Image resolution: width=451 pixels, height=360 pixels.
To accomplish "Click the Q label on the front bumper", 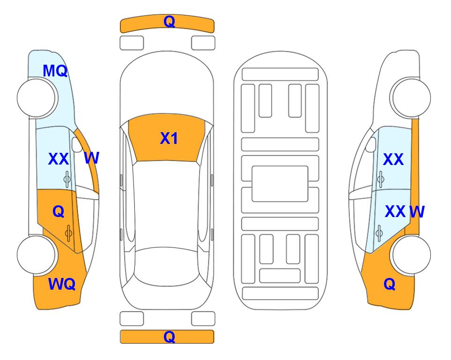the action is point(169,21).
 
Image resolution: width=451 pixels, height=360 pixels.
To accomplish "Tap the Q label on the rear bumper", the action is point(169,337).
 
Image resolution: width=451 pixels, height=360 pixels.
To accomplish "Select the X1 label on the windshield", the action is point(169,138).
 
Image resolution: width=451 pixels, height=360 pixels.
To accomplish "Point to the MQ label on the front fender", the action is point(55,71).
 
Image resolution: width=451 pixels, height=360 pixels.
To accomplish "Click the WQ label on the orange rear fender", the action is point(62,284).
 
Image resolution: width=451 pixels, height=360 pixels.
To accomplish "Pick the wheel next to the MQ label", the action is point(36,98).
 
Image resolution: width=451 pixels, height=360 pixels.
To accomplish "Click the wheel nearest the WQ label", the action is point(36,255).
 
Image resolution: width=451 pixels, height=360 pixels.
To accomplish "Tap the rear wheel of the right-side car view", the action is point(411,255).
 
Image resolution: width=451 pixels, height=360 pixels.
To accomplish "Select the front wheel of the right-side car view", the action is point(411,98).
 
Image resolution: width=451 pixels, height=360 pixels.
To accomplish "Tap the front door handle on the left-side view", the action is point(67,179).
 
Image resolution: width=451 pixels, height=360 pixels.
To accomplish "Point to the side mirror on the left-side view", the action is point(77,144).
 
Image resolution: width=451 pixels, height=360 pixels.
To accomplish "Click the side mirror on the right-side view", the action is point(370,144).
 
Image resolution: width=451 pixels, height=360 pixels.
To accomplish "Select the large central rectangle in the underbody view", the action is point(280,184).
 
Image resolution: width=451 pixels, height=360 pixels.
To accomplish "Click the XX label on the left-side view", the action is point(59,159).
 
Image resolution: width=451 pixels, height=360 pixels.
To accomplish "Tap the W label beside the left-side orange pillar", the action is point(92,158).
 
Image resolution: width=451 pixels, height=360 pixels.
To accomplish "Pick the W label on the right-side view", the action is point(417,212).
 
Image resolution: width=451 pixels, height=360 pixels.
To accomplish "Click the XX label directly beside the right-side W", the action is point(395,211).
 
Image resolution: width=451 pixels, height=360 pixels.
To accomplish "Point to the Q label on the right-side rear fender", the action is point(390,284).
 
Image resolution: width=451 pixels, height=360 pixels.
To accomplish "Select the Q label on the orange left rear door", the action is point(59,212).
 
